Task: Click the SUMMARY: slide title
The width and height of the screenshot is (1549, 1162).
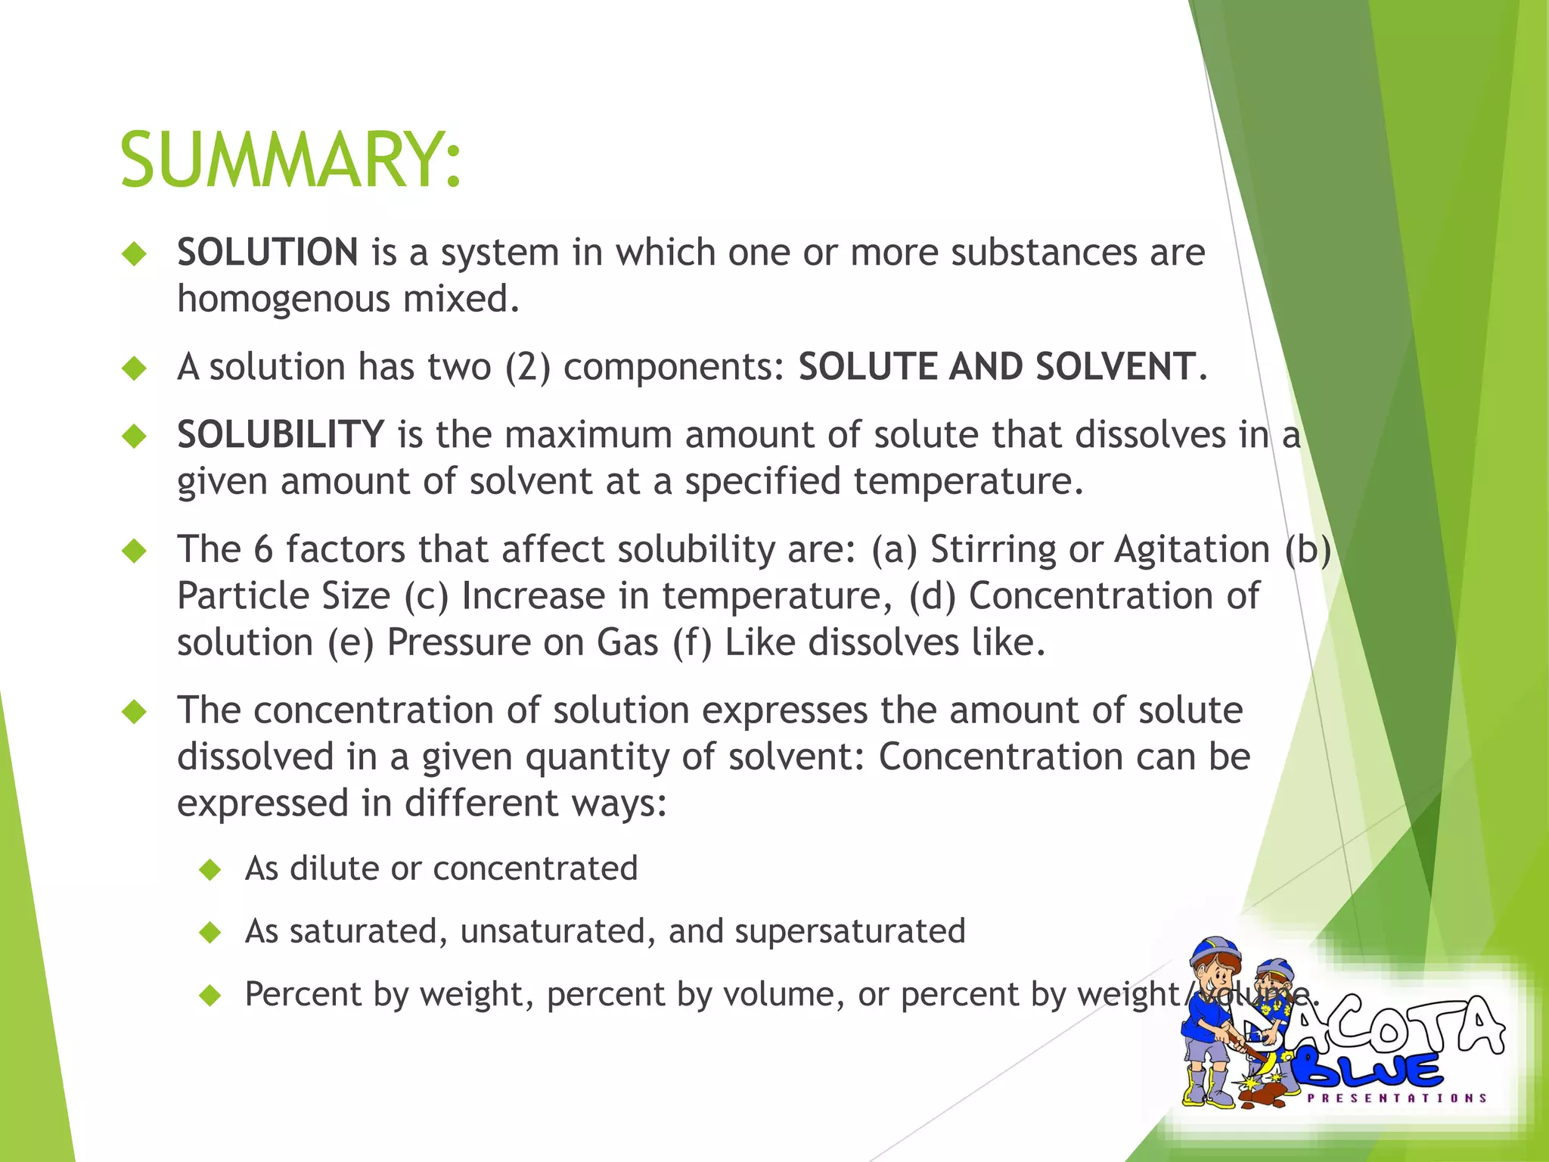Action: (x=290, y=160)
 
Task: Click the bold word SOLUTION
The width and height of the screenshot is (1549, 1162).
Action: (x=268, y=252)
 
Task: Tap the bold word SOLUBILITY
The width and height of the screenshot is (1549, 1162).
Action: (x=281, y=435)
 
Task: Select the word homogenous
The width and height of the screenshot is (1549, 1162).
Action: (x=284, y=299)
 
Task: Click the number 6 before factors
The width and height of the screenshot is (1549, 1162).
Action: (x=263, y=549)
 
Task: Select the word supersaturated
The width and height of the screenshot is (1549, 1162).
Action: (x=850, y=931)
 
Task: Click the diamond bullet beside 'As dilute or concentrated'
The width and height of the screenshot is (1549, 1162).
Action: (x=210, y=870)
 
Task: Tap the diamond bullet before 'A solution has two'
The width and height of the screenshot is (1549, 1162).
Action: (x=135, y=368)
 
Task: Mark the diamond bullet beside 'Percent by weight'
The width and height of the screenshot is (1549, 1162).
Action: (x=210, y=996)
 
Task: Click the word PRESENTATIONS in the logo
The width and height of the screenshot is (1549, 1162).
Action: (x=1397, y=1098)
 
